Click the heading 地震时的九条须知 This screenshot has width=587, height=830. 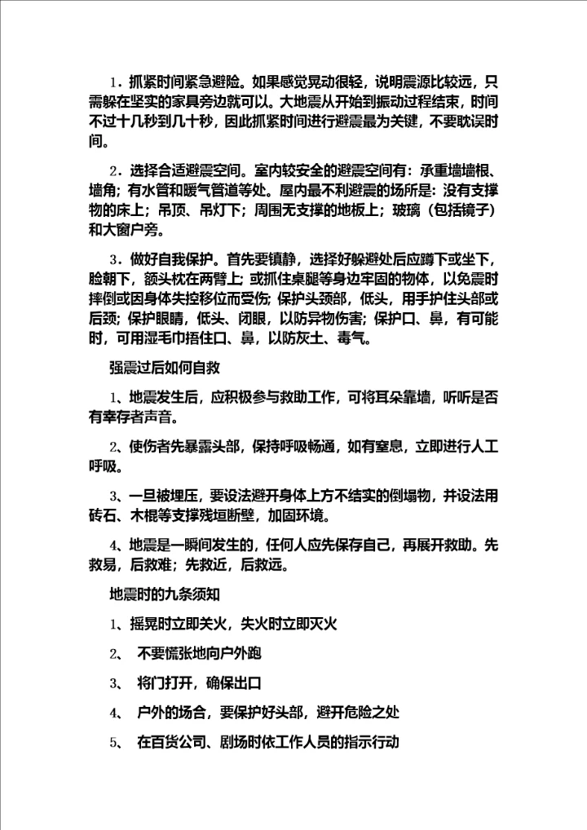(x=165, y=593)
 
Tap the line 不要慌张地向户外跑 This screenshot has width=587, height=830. (x=200, y=654)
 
